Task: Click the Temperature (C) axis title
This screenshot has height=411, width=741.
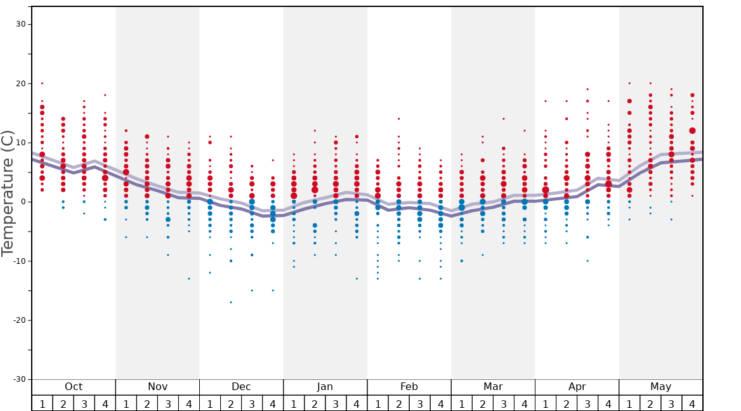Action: click(8, 193)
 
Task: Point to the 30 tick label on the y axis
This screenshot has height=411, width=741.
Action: click(22, 24)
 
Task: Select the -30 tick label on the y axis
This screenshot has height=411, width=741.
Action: click(19, 379)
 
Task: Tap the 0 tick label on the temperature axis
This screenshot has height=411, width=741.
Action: click(24, 202)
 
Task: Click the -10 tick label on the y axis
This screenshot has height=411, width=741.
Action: click(19, 261)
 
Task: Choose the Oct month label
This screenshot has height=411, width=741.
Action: click(74, 387)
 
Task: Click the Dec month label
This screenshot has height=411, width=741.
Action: click(241, 387)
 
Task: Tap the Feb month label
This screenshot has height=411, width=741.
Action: click(409, 387)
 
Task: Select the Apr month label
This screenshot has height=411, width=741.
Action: click(577, 387)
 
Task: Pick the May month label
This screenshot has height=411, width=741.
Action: click(660, 387)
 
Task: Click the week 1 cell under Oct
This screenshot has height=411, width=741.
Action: click(42, 403)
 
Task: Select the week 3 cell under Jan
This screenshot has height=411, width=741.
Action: click(336, 403)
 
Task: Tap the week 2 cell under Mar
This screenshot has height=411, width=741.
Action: click(482, 403)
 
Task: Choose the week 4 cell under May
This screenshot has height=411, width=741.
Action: click(692, 403)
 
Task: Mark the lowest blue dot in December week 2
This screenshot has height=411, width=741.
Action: click(231, 302)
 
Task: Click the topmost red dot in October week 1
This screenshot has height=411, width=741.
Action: click(42, 83)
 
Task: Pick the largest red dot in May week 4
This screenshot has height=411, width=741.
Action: click(692, 131)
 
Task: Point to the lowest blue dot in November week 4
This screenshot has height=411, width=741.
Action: click(188, 278)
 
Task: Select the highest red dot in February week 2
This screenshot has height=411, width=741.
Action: click(398, 119)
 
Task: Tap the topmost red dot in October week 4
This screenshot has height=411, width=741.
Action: click(105, 95)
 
